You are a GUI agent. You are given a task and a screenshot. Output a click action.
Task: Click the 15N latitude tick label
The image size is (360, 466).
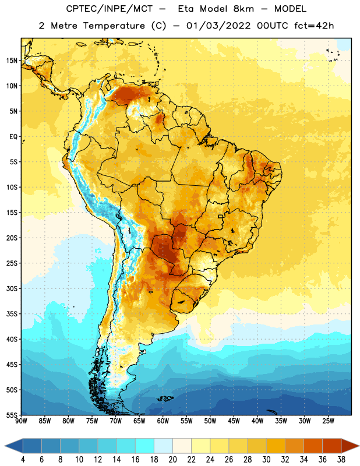(11, 61)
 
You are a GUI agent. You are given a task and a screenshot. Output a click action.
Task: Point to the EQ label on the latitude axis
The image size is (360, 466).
(13, 137)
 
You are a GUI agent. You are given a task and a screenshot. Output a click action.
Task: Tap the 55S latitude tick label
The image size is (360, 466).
(11, 415)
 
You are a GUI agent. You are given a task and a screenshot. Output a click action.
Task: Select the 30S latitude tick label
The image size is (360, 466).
(11, 288)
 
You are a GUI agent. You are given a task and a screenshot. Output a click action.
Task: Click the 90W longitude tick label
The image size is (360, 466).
(21, 421)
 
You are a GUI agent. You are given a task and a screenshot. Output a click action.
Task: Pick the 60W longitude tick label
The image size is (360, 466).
(163, 421)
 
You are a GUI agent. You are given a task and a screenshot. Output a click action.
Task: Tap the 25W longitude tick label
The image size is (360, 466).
(328, 421)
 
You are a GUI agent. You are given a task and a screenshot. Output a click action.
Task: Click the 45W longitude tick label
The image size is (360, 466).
(234, 421)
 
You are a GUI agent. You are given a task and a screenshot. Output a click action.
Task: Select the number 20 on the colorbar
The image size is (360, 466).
(172, 460)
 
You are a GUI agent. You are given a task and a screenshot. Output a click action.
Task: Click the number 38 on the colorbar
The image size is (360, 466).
(341, 460)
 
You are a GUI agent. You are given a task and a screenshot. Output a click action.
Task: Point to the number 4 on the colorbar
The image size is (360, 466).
(23, 460)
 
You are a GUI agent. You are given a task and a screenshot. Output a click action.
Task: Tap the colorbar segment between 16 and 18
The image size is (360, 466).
(145, 446)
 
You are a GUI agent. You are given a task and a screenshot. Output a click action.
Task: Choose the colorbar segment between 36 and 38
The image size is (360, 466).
(332, 446)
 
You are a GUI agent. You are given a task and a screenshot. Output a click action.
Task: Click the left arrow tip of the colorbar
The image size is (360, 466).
(5, 446)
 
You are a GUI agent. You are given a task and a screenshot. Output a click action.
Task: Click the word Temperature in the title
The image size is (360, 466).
(114, 26)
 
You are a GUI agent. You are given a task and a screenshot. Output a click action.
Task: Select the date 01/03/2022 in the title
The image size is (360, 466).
(219, 26)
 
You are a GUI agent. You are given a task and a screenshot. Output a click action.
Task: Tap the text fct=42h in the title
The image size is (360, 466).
(314, 26)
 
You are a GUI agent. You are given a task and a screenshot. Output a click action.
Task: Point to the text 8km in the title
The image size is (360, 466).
(243, 9)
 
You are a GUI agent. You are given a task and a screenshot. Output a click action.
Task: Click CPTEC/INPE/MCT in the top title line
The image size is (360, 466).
(110, 9)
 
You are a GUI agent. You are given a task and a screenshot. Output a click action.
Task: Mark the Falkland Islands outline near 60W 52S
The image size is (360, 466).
(165, 398)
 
